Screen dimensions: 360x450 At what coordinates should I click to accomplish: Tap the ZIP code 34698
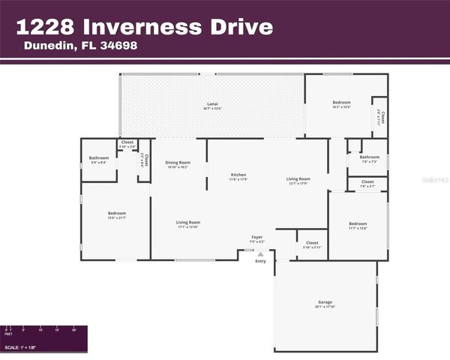tap(119, 46)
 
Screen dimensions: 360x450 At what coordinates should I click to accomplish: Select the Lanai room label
tap(212, 103)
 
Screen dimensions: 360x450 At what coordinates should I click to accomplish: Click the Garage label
tap(324, 302)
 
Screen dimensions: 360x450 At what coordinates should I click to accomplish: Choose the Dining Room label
tap(178, 162)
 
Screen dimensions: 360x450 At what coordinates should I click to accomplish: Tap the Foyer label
tap(256, 237)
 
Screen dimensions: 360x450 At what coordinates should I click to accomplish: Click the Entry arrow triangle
tap(260, 254)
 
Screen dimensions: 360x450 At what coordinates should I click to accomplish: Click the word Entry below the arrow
tap(260, 261)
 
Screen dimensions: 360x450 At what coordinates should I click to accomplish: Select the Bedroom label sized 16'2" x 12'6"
tap(341, 102)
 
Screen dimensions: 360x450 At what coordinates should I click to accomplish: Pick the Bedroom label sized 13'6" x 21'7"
tap(117, 213)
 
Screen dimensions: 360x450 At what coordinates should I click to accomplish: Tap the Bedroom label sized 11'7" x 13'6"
tap(357, 223)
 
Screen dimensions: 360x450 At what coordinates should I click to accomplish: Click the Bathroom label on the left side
tap(99, 157)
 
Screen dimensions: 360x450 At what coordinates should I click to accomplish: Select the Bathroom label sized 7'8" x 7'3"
tap(369, 157)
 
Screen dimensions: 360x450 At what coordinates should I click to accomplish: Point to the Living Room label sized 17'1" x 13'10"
tap(187, 222)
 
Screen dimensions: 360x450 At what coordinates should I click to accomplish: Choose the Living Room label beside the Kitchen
tap(298, 178)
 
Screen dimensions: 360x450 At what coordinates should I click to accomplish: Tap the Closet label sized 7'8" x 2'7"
tap(367, 181)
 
